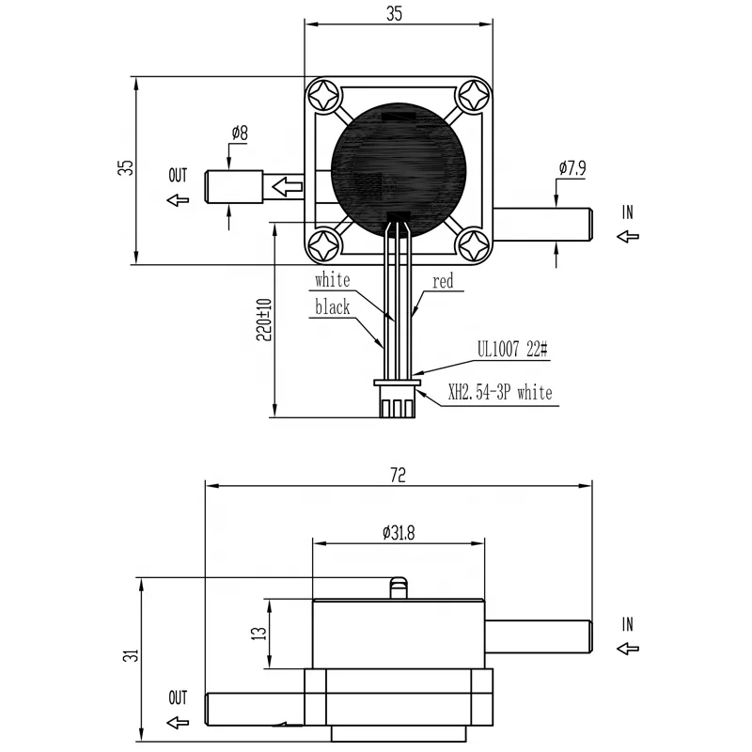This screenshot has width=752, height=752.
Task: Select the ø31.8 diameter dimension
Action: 399,533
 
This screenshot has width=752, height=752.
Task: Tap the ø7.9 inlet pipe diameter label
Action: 572,168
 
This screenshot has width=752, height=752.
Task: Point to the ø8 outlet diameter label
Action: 239,133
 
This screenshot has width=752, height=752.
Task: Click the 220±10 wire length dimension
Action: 264,320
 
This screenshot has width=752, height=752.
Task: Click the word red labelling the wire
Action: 443,281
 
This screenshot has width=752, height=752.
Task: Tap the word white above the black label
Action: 332,280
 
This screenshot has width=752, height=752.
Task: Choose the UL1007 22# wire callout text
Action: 512,350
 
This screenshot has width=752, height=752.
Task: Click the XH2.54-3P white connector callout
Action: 500,392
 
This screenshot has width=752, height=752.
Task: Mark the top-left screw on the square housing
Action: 326,96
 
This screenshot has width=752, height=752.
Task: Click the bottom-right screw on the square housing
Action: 472,246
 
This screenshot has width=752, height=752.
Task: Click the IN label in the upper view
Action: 628,213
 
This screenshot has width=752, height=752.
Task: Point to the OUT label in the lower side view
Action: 178,698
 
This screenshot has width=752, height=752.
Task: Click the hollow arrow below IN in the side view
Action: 627,648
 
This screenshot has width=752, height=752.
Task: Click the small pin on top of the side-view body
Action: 399,588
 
